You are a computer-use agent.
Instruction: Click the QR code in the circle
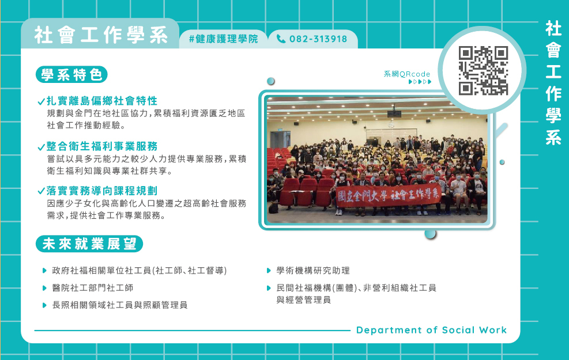483,70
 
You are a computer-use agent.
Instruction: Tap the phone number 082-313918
318,39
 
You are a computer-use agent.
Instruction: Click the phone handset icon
281,39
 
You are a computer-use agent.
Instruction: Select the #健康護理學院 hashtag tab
224,39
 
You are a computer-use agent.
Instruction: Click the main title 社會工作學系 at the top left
101,35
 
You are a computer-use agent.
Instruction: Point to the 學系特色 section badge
72,75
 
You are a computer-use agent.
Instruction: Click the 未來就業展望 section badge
89,244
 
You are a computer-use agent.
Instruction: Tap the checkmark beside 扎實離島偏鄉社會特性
42,101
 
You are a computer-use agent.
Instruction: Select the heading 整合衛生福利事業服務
102,146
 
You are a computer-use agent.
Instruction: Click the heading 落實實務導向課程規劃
102,191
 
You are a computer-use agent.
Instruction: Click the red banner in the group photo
388,196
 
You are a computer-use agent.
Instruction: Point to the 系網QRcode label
407,74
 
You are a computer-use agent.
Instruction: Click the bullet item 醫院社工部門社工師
93,288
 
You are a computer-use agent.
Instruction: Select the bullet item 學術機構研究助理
313,271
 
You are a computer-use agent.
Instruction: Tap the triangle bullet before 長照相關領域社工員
44,305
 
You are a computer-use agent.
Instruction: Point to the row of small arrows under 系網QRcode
420,82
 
